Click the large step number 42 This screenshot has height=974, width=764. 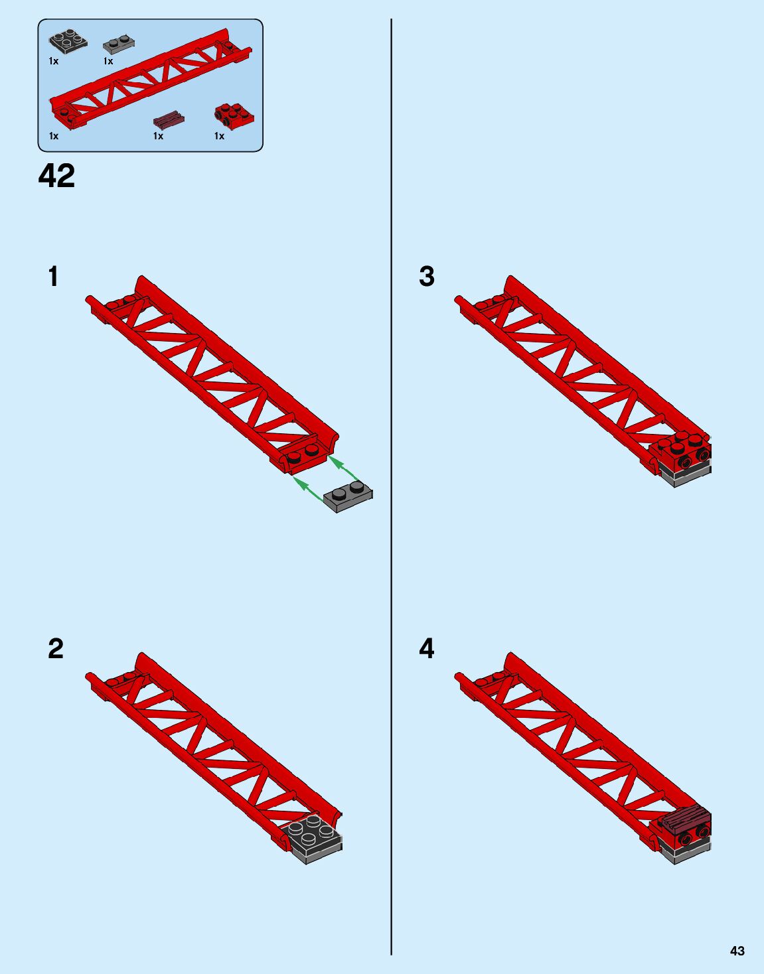56,176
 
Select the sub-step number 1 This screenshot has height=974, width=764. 53,276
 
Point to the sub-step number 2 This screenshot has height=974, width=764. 56,649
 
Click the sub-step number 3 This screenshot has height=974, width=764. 427,276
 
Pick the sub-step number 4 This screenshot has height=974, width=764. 427,649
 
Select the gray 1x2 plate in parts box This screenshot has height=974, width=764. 119,44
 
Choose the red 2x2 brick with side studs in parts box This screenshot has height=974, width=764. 234,116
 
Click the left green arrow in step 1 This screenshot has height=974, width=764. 308,489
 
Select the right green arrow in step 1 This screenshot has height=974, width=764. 344,469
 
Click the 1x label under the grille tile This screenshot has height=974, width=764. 158,136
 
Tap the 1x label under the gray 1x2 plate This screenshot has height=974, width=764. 108,61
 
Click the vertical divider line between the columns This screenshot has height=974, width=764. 392,487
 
